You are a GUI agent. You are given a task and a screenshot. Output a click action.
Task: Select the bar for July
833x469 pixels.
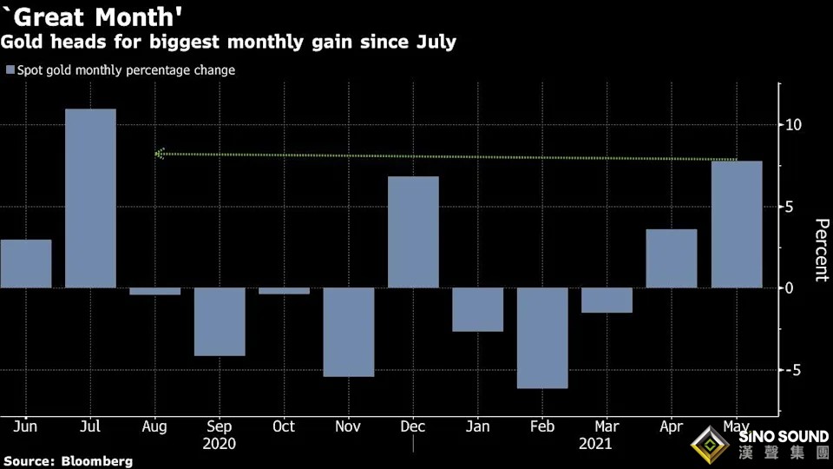(90, 198)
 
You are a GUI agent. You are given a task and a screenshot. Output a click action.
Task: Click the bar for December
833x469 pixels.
(413, 232)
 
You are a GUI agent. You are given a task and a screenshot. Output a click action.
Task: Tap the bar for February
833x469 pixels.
(542, 338)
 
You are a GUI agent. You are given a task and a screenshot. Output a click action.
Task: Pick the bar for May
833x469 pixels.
(737, 224)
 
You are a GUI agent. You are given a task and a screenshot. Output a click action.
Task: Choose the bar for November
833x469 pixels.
(349, 332)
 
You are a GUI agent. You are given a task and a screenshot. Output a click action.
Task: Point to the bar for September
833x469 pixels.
(220, 321)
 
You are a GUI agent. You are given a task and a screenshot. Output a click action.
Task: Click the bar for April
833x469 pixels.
(672, 258)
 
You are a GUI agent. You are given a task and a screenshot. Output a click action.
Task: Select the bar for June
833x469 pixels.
(26, 263)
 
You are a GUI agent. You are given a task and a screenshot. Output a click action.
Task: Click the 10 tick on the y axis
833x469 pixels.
(792, 125)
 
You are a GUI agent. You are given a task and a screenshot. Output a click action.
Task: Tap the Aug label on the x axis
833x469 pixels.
(154, 426)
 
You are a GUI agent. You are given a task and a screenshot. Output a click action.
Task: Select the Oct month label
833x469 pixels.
(284, 426)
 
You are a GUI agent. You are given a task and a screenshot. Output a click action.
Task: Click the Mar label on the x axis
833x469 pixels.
(607, 426)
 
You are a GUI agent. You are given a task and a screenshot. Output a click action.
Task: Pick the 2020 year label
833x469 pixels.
(220, 443)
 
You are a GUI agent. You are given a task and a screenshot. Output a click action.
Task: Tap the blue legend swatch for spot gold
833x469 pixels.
(10, 70)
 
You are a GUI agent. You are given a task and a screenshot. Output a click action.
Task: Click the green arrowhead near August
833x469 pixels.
(160, 154)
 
